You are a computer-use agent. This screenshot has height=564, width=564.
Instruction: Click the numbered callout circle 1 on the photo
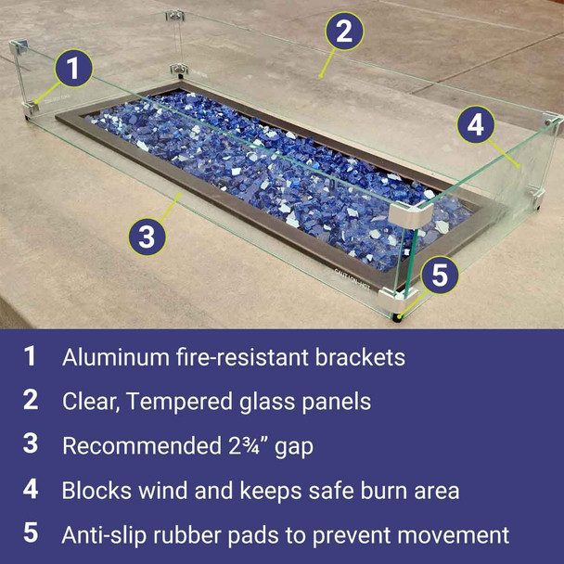click(74, 69)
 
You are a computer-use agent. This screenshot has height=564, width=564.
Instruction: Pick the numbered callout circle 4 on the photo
click(475, 124)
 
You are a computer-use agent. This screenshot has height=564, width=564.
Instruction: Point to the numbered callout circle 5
click(440, 276)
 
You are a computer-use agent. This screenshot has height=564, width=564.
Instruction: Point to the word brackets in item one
click(359, 357)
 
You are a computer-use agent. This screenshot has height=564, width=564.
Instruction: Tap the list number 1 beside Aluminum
click(31, 357)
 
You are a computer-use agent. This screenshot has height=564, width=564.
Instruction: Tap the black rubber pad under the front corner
click(399, 317)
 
